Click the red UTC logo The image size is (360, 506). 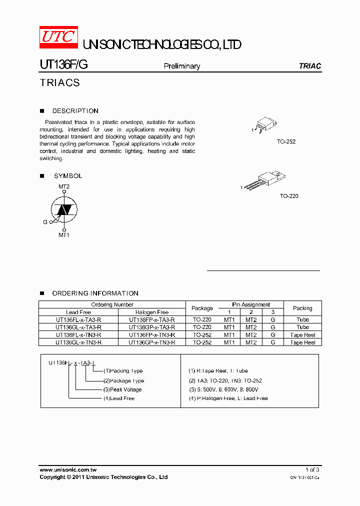(x=58, y=37)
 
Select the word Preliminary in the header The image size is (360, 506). (x=182, y=66)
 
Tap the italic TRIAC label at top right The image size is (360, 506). (x=309, y=66)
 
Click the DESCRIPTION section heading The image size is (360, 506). (x=75, y=111)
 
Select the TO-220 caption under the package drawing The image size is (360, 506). (x=289, y=196)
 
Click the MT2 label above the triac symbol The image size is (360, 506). (x=64, y=186)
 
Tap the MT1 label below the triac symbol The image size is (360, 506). (x=64, y=234)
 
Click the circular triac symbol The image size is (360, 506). (x=64, y=210)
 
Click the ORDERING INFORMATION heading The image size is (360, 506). (x=95, y=293)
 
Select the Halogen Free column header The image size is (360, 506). (x=152, y=312)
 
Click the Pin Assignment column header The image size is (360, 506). (x=251, y=304)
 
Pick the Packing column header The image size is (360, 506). (x=302, y=308)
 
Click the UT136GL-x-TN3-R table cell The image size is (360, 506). (x=78, y=342)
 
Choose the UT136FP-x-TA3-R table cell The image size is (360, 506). (x=152, y=319)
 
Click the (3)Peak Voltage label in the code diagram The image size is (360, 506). (x=122, y=389)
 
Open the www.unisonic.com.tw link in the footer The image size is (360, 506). (x=67, y=470)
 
